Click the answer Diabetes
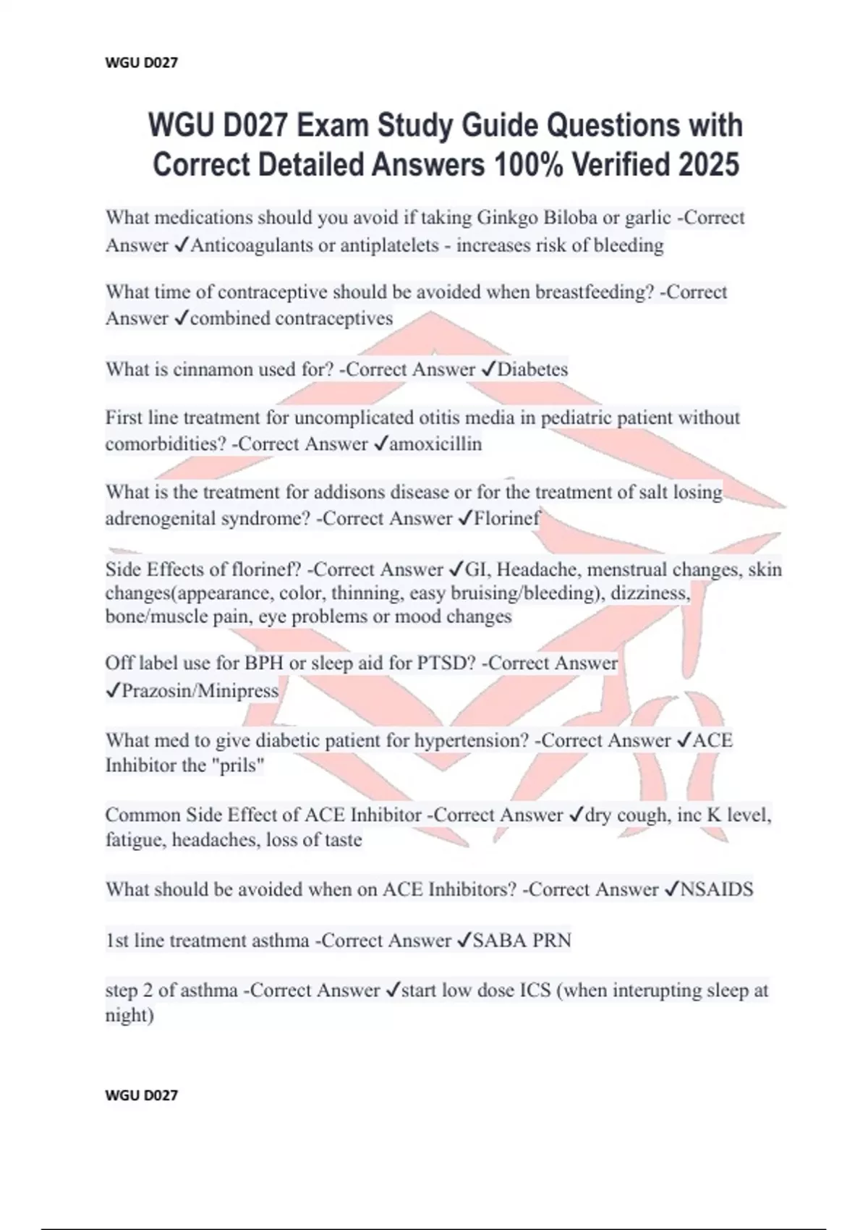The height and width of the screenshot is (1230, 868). pyautogui.click(x=532, y=369)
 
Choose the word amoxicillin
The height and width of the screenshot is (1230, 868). pyautogui.click(x=435, y=444)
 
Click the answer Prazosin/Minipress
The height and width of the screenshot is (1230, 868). pyautogui.click(x=200, y=690)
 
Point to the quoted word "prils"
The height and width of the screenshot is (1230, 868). pyautogui.click(x=237, y=765)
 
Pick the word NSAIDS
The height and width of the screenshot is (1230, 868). pyautogui.click(x=717, y=889)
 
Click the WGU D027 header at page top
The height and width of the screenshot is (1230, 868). pyautogui.click(x=141, y=63)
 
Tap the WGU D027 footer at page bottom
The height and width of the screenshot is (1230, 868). pyautogui.click(x=141, y=1095)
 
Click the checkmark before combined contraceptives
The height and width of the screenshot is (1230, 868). pyautogui.click(x=182, y=318)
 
